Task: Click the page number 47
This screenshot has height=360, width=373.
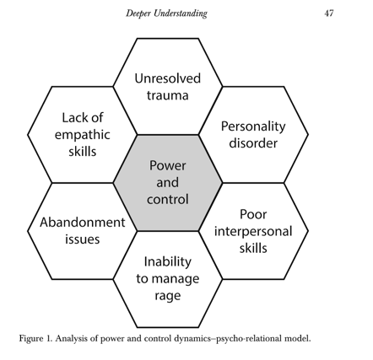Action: click(329, 13)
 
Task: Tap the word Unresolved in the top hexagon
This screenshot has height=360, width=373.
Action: click(168, 78)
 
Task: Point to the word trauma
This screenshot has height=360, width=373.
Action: click(168, 95)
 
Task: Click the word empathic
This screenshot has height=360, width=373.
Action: click(82, 135)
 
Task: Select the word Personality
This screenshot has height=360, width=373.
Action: click(253, 126)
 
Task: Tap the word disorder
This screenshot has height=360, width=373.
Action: click(253, 142)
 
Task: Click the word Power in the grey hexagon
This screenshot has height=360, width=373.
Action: click(168, 165)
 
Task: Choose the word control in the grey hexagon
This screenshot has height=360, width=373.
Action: click(168, 199)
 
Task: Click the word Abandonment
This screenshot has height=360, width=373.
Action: click(83, 223)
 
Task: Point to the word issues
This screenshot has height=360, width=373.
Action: click(83, 239)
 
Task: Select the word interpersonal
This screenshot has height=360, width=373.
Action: click(253, 232)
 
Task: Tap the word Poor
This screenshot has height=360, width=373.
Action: click(253, 214)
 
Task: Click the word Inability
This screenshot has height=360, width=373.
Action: click(168, 262)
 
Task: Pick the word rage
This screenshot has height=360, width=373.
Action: click(168, 296)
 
